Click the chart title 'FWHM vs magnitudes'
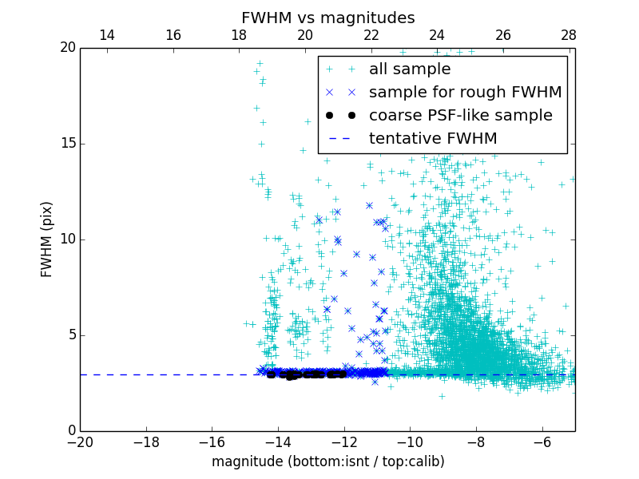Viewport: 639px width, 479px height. click(327, 18)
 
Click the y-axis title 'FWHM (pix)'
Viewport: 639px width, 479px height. click(47, 239)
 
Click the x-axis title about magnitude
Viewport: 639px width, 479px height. click(327, 461)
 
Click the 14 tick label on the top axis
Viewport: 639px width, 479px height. click(106, 35)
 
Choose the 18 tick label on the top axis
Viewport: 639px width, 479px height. click(239, 35)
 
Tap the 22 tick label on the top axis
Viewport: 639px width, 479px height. click(371, 35)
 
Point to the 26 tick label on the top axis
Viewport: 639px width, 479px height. click(503, 35)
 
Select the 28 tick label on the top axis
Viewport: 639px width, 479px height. click(569, 35)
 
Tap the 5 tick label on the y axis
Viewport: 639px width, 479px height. click(69, 335)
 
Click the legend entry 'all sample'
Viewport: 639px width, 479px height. click(410, 69)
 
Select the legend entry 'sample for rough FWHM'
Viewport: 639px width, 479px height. click(465, 93)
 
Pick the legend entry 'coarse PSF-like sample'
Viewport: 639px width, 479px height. click(460, 116)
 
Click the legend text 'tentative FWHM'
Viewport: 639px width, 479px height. click(433, 139)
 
